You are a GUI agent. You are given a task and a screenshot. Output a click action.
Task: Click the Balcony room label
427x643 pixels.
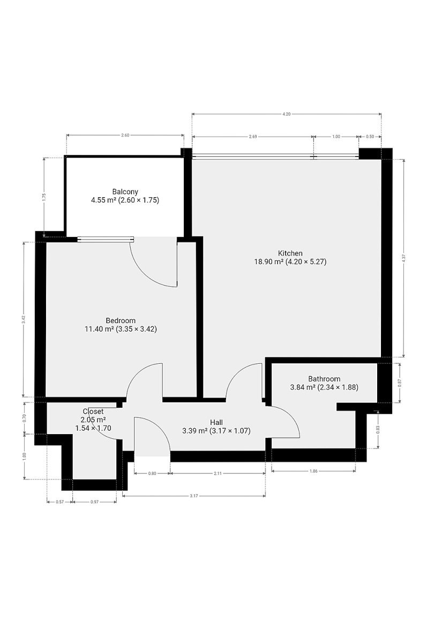pos(125,191)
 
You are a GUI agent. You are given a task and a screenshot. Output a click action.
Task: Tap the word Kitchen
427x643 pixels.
pos(290,253)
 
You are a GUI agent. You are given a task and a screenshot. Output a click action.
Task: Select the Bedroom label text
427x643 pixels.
pos(121,320)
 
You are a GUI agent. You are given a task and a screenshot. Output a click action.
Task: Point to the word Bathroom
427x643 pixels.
pos(324,379)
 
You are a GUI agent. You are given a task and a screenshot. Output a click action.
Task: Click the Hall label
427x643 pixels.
pos(216,422)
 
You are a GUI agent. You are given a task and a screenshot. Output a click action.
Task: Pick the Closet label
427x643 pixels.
pos(93,412)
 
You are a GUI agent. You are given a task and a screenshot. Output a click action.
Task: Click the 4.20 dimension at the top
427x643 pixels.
pos(287,114)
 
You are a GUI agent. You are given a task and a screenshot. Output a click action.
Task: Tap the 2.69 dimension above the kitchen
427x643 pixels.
pos(253,137)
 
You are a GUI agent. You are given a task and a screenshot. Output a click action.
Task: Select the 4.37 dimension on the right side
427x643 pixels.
pos(403,258)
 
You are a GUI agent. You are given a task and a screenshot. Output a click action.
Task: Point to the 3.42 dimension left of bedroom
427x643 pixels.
pos(24,319)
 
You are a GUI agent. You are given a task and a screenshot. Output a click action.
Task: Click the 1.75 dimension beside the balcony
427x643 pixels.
pos(44,197)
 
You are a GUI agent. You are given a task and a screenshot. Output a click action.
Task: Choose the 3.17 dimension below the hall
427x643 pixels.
pos(194,496)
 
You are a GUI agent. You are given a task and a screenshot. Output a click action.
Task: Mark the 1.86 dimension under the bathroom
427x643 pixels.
pos(313,471)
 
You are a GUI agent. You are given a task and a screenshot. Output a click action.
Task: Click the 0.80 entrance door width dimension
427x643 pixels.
pos(152,473)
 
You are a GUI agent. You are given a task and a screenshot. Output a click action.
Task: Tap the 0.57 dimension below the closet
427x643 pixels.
pos(59,502)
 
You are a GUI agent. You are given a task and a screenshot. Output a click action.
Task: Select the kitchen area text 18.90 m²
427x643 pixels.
pos(269,261)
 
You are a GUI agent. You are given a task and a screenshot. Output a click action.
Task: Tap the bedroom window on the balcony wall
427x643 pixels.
pos(106,239)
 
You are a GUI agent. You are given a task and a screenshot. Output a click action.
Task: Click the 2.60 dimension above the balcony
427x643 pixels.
pos(125,135)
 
